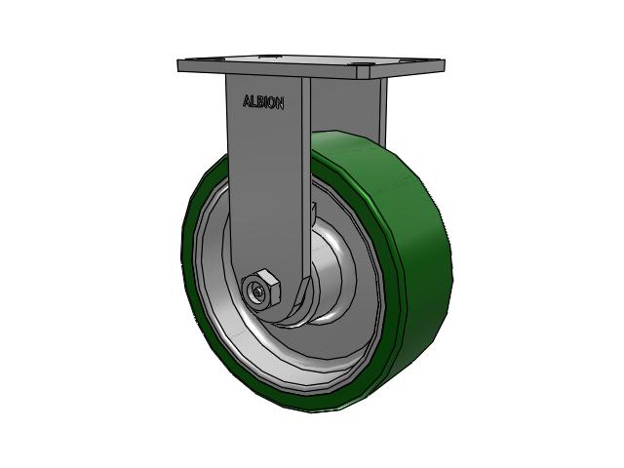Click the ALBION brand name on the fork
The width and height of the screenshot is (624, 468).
click(x=263, y=101)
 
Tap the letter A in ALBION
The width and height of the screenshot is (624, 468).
click(x=246, y=99)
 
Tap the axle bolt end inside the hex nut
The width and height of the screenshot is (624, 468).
click(x=256, y=291)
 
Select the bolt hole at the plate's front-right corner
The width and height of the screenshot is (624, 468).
click(x=363, y=69)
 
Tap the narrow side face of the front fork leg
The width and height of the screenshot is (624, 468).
click(x=306, y=175)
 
